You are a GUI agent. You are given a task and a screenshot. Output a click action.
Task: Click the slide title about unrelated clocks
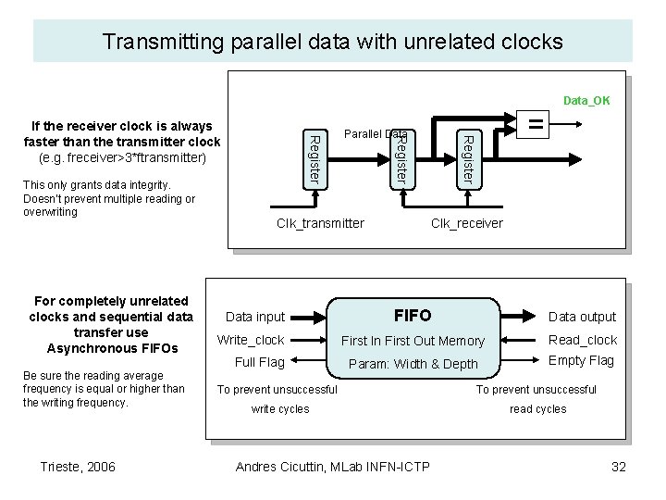pos(332,42)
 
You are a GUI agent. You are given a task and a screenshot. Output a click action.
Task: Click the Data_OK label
pos(586,101)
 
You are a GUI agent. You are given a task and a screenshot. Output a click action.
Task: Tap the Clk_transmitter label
pos(320,223)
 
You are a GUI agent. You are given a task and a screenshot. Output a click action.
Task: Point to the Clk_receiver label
pos(467,223)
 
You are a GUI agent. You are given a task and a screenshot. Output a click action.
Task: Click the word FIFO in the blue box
pos(413,315)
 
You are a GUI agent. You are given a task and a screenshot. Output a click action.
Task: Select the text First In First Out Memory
pos(413,341)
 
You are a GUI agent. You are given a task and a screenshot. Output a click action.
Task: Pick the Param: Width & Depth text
pos(413,364)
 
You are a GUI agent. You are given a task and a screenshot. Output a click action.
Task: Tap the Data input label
pos(255,317)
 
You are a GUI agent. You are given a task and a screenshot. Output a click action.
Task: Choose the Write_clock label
pos(251,340)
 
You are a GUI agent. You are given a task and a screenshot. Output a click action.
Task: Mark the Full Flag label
pos(260,362)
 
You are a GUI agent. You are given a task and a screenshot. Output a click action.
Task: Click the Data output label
pos(583,317)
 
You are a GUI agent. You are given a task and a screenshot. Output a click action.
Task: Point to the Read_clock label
pos(583,340)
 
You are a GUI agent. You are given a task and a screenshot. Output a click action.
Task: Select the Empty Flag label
pos(582,360)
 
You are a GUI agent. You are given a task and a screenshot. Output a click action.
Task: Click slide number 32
pos(619,467)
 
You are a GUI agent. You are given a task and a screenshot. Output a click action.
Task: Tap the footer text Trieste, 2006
pos(79,467)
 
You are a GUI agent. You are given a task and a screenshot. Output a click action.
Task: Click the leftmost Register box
pos(314,157)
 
